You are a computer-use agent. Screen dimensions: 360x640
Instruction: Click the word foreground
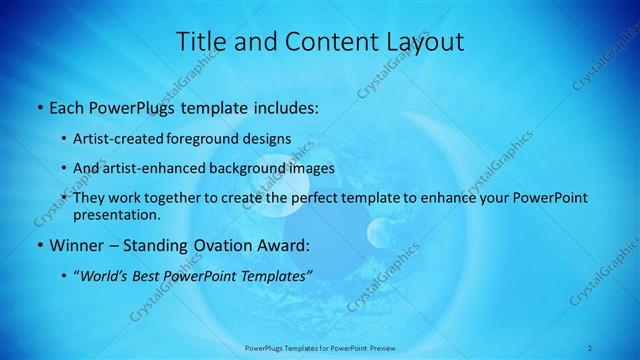tap(212, 139)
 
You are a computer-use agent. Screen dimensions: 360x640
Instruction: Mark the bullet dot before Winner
tap(39, 245)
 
